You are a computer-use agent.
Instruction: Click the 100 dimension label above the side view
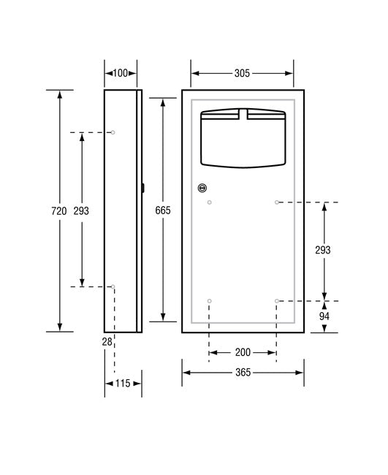coord(121,73)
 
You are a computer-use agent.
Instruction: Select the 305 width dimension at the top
coord(243,73)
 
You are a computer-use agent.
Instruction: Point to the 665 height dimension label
coord(162,211)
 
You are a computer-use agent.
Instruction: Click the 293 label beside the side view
coord(82,211)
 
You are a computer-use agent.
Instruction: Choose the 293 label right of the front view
coord(323,250)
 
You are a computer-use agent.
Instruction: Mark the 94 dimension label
coord(323,316)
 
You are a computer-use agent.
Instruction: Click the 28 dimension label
coord(107,341)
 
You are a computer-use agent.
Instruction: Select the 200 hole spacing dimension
coord(243,352)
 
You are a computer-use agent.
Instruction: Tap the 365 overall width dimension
coord(243,373)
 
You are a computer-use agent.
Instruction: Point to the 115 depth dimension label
coord(123,383)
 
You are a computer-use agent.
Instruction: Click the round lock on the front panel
coord(202,188)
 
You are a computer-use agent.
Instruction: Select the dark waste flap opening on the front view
coord(243,139)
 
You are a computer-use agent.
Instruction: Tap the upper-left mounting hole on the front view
coord(210,202)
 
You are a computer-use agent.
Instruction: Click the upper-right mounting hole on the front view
coord(276,202)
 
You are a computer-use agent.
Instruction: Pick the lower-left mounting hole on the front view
coord(210,301)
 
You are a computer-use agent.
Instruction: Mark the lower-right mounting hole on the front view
coord(276,301)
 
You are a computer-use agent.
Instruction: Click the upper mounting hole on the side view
coord(113,132)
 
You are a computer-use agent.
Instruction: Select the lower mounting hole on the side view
coord(113,287)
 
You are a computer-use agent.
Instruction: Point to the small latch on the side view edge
coord(142,188)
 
